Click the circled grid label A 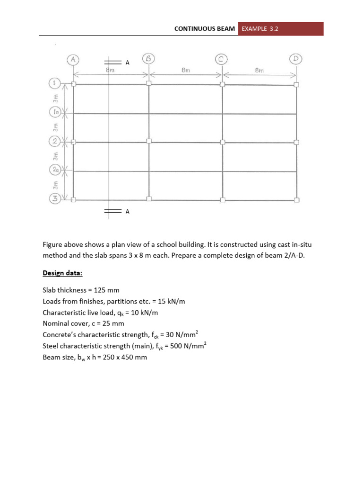pyautogui.click(x=73, y=59)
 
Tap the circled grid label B pyautogui.click(x=148, y=59)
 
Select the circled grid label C pyautogui.click(x=222, y=59)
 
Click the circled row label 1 pyautogui.click(x=54, y=84)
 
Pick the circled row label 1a pyautogui.click(x=55, y=113)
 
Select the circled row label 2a pyautogui.click(x=55, y=170)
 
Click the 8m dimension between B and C pyautogui.click(x=185, y=70)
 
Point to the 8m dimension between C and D pyautogui.click(x=259, y=70)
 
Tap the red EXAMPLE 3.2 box pyautogui.click(x=281, y=28)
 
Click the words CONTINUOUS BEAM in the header pyautogui.click(x=205, y=28)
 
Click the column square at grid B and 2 pyautogui.click(x=148, y=141)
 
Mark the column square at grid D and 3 pyautogui.click(x=296, y=199)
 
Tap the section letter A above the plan pyautogui.click(x=127, y=62)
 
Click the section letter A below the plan pyautogui.click(x=127, y=212)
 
